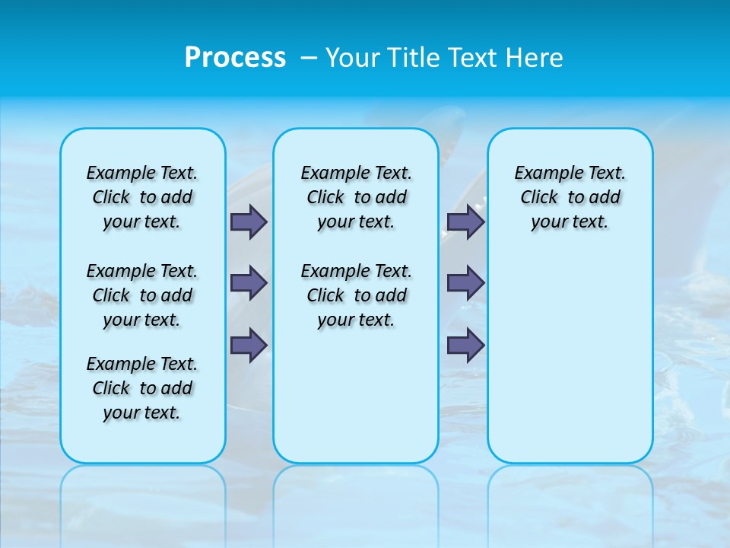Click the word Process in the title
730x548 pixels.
pos(235,58)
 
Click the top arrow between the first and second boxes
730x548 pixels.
pos(249,221)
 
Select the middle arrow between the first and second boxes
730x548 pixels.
pos(249,283)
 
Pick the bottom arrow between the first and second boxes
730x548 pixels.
pos(249,344)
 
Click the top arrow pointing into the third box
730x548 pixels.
pos(465,221)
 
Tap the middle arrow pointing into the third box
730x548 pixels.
pos(465,283)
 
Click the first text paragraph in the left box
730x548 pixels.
pos(142,197)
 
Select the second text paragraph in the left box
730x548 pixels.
pos(142,295)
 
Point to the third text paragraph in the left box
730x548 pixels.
pos(142,388)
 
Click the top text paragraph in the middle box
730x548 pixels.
pos(356,197)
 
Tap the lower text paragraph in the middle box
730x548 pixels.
pos(356,295)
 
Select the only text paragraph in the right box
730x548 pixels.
pos(570,197)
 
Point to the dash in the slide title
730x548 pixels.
pos(309,58)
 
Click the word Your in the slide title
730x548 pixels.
pos(353,58)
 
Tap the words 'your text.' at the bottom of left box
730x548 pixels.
pos(142,413)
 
